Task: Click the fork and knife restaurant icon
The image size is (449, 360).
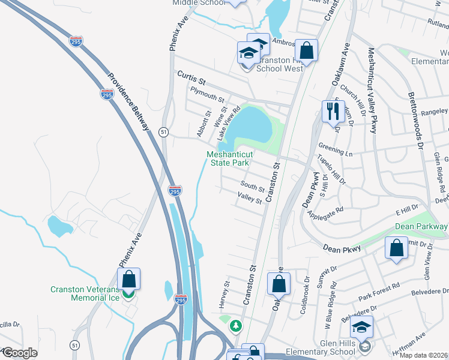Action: point(331,110)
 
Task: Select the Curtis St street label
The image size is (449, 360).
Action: point(191,77)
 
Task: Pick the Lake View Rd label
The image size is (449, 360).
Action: point(229,123)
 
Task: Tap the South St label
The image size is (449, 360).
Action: point(253,188)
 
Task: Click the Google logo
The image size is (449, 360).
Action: point(19,353)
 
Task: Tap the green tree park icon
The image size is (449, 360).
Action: point(237,325)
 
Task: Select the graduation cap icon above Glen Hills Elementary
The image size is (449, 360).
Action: point(361,327)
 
